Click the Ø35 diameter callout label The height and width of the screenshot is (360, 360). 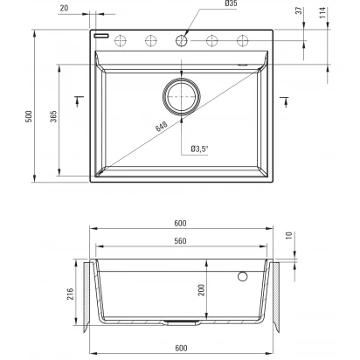point(231,3)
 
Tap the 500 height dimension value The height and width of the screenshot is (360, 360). point(29,116)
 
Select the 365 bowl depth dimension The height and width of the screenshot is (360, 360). point(53,116)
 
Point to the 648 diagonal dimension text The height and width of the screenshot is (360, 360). point(162,126)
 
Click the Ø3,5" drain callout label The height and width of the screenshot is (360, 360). point(200,149)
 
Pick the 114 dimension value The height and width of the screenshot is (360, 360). point(322,13)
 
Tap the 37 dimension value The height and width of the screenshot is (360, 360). point(300,11)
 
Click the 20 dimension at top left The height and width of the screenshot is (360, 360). point(64,8)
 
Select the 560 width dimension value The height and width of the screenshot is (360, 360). point(180,241)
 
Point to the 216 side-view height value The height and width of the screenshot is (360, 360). point(71,294)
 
